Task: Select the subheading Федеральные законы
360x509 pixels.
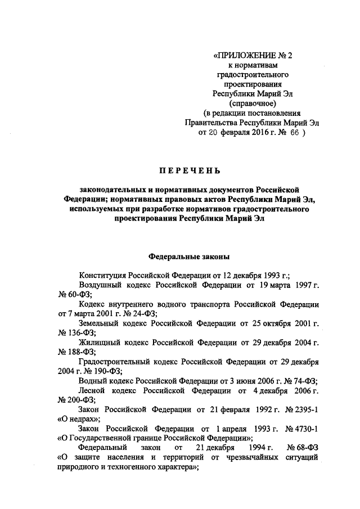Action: [x=188, y=255]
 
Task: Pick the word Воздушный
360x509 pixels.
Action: [x=101, y=286]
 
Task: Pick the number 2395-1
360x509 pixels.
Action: [x=305, y=409]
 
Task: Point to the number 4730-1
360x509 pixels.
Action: [x=305, y=429]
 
